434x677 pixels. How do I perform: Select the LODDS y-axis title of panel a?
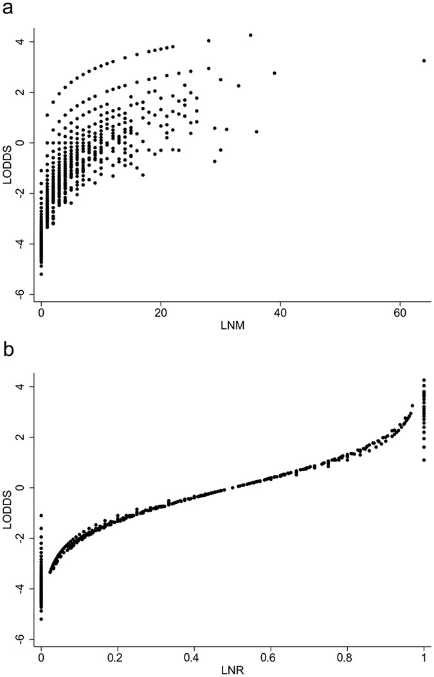tap(9, 154)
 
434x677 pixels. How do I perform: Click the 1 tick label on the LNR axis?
tap(424, 654)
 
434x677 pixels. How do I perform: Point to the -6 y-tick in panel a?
tap(24, 293)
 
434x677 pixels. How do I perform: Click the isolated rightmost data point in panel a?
tap(424, 60)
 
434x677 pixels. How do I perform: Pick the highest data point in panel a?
tap(250, 35)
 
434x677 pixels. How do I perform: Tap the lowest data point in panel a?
tap(41, 274)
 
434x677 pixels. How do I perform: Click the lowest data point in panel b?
tap(41, 619)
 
